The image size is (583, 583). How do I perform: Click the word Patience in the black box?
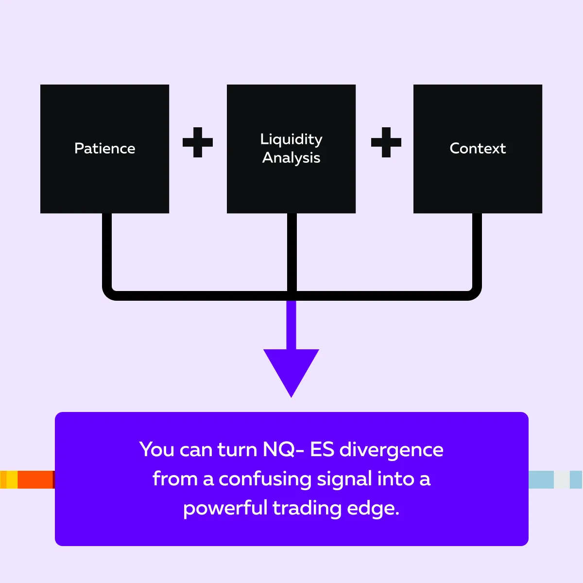(104, 148)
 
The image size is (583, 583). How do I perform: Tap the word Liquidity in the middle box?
(291, 139)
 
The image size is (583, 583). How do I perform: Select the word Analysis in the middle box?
(291, 158)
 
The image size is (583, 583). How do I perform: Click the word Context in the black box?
(478, 148)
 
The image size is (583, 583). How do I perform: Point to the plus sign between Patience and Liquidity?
(198, 142)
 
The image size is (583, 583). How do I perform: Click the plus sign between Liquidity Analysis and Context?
(386, 142)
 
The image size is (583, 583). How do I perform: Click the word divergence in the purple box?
(391, 450)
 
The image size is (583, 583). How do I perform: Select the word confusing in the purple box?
(265, 480)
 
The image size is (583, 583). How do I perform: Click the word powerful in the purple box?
(225, 508)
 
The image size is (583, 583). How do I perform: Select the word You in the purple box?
(157, 450)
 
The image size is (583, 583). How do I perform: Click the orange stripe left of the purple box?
(35, 480)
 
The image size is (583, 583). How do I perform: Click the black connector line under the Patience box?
(107, 253)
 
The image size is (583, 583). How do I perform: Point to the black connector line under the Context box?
(477, 253)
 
